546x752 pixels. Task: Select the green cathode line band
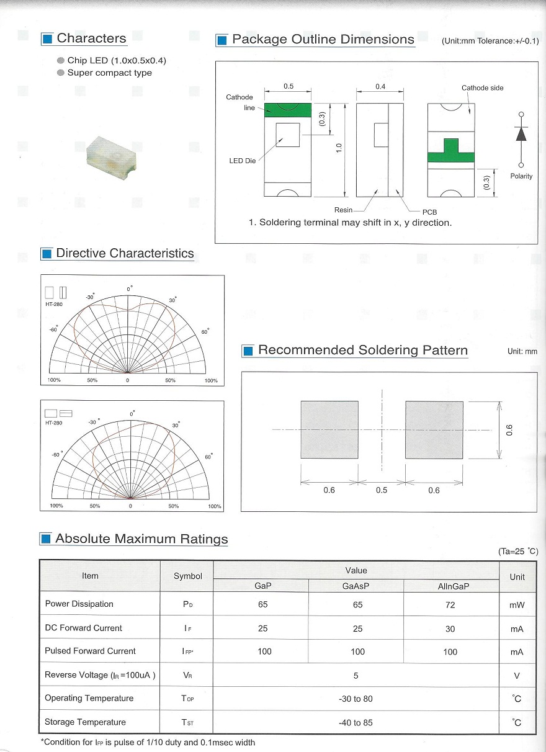(x=287, y=110)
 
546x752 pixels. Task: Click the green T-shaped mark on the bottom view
(x=451, y=152)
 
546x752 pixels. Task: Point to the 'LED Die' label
(x=243, y=161)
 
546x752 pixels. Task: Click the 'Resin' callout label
(x=343, y=210)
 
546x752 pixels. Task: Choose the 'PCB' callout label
(x=429, y=212)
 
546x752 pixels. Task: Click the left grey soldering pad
(x=329, y=429)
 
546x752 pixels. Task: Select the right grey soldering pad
(x=434, y=429)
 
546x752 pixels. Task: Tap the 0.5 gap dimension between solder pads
(x=382, y=490)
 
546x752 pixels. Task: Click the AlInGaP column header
(x=450, y=586)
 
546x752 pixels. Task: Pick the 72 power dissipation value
(x=450, y=605)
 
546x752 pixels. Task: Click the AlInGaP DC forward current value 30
(x=450, y=629)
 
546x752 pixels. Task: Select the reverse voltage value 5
(x=356, y=675)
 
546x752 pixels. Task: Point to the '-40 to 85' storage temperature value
(x=356, y=723)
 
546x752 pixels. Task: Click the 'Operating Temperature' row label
(x=89, y=699)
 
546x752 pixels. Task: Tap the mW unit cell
(x=517, y=605)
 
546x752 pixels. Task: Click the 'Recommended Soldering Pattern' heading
(x=362, y=351)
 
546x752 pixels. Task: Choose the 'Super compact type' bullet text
(x=109, y=73)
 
